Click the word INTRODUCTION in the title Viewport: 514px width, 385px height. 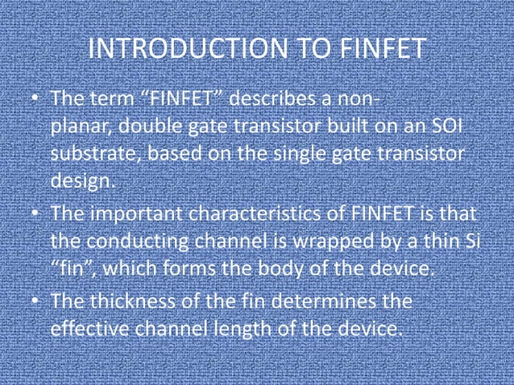(184, 49)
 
